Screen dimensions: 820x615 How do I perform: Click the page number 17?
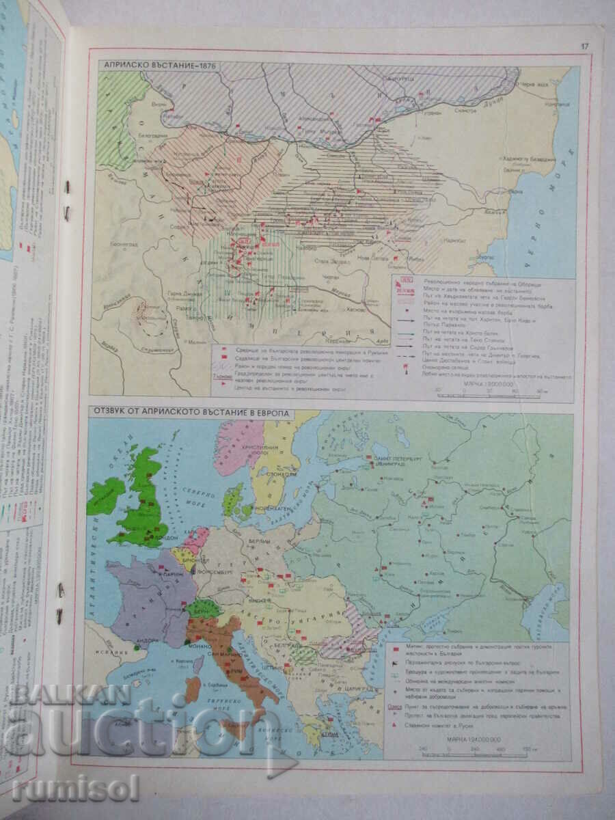point(584,46)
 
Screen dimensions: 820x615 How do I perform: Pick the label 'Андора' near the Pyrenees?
point(138,640)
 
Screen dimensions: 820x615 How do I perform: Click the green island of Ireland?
point(106,495)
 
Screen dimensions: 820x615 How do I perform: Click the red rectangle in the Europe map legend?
point(395,646)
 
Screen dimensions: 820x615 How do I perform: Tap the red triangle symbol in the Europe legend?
point(395,726)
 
